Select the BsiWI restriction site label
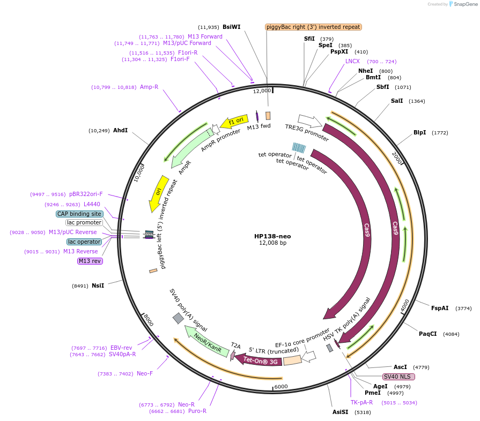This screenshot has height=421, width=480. click(x=232, y=27)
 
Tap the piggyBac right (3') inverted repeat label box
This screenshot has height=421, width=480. click(x=313, y=27)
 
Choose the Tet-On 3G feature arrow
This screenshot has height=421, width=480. click(x=259, y=360)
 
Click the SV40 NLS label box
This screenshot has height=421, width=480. click(x=398, y=377)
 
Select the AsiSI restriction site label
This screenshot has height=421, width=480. click(x=340, y=412)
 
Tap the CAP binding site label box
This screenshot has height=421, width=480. click(x=79, y=214)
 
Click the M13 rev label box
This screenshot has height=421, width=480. click(x=90, y=261)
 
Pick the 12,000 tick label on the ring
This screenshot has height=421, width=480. click(x=262, y=91)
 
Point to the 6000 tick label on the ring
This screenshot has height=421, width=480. click(x=281, y=387)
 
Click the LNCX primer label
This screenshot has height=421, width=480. click(x=352, y=61)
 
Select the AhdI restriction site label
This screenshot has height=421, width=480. click(x=120, y=130)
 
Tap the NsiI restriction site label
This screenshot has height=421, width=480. click(x=98, y=285)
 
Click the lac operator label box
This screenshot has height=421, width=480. click(x=85, y=242)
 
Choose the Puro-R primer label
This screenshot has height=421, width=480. click(x=197, y=411)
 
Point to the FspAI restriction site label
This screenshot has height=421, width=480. click(x=440, y=308)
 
